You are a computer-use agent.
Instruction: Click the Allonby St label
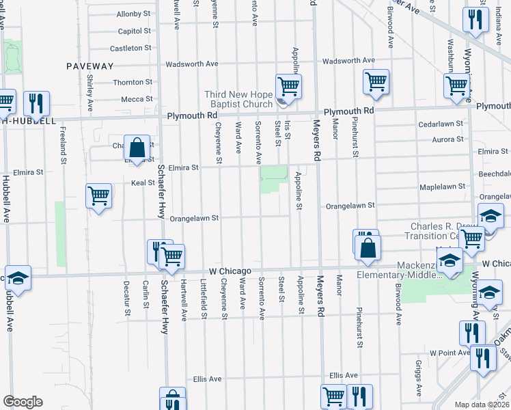coord(134,14)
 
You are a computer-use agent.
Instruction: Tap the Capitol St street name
coord(134,31)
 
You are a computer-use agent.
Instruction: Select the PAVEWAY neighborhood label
coord(89,66)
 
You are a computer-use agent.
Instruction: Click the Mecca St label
coord(132,99)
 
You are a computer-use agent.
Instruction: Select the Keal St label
coord(142,183)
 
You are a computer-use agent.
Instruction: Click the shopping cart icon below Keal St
coord(99,196)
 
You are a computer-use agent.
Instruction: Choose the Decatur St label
coord(126,298)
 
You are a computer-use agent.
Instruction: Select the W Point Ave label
coord(450,353)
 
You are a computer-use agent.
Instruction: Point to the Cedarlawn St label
coord(441,125)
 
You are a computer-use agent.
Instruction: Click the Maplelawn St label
coord(442,186)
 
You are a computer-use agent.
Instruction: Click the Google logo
coord(23,402)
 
